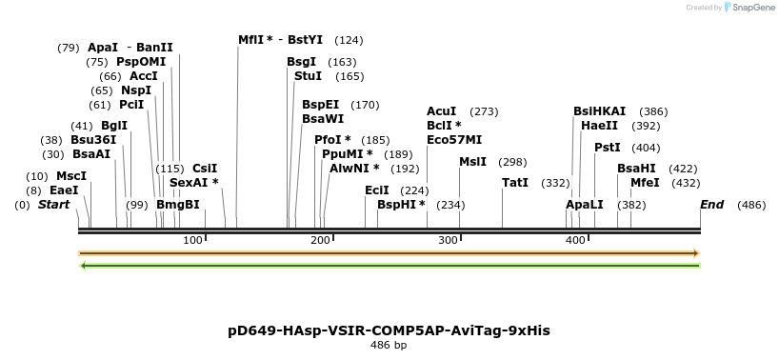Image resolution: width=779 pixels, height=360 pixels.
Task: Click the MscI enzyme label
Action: tap(71, 176)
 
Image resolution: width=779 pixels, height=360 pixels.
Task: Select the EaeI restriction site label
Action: tap(64, 190)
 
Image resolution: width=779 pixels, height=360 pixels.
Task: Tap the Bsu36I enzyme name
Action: tap(93, 140)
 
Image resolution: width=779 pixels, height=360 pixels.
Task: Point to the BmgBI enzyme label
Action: tap(178, 205)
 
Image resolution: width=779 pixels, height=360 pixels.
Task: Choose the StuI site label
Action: tap(308, 76)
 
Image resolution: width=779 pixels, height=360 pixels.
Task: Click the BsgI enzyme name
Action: tap(302, 62)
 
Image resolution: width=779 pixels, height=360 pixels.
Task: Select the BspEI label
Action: tap(320, 105)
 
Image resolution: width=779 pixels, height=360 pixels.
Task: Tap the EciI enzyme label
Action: tap(377, 190)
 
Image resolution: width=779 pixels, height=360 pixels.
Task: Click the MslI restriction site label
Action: tap(472, 162)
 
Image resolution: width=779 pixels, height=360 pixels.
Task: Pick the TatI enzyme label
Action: tap(515, 183)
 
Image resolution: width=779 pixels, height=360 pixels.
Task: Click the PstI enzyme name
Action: tap(607, 148)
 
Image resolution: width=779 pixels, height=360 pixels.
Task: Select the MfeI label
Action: tap(645, 183)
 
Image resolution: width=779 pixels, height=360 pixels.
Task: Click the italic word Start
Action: tap(54, 205)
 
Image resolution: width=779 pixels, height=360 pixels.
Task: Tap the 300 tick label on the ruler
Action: tap(448, 241)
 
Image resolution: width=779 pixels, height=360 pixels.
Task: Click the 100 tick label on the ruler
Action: tap(192, 241)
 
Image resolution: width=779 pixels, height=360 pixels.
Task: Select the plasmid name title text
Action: tap(389, 330)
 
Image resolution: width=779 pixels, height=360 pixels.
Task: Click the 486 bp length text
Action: tap(389, 346)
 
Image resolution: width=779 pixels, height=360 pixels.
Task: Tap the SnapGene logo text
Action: tap(752, 8)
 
